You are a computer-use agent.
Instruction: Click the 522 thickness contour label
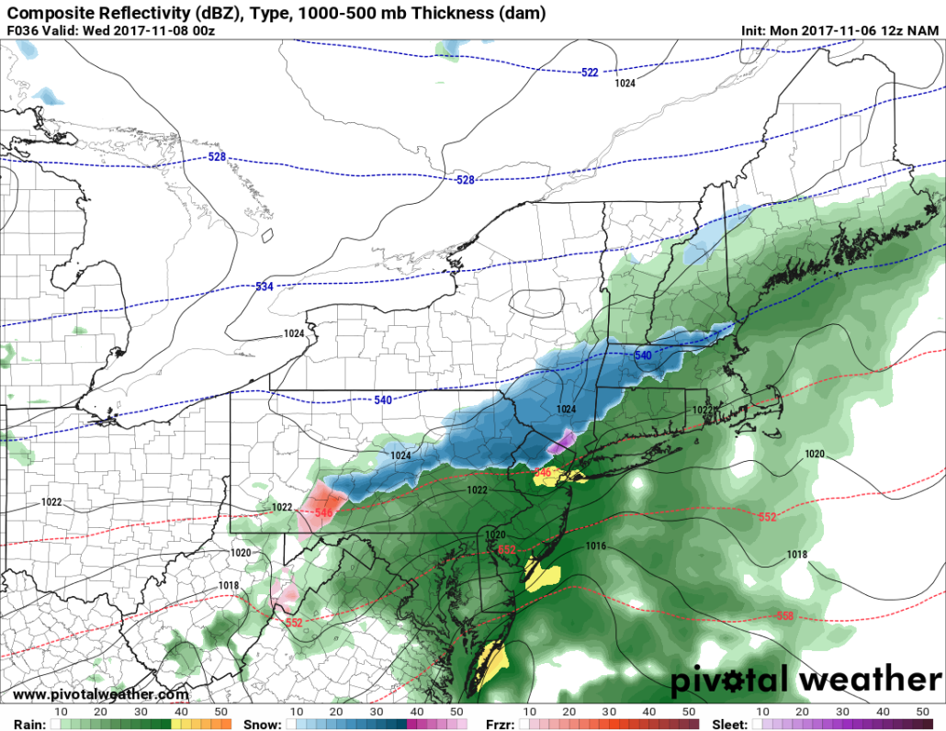(589, 73)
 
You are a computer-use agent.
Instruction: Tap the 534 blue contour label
(265, 287)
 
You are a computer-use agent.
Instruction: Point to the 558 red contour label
(784, 615)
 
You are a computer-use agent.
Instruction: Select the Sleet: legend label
(730, 724)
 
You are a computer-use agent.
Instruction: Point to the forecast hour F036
(22, 30)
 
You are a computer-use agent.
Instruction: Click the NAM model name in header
(922, 30)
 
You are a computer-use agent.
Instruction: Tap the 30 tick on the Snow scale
(377, 712)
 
